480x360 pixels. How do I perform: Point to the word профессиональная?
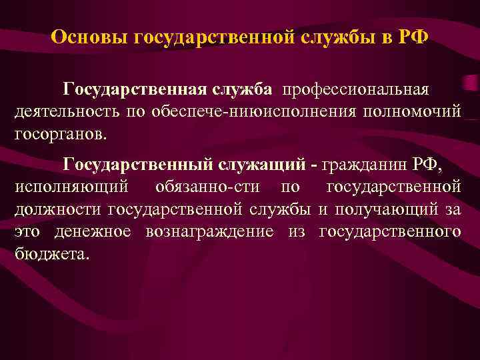tap(357, 89)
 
